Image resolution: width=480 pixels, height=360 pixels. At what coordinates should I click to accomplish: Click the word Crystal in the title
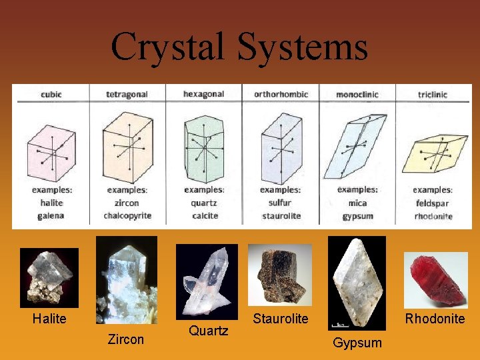168,47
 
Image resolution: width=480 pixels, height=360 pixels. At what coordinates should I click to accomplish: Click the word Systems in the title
301,47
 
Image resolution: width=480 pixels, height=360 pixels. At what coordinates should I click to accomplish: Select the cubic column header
51,95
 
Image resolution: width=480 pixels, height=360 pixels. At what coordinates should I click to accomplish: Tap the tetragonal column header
127,95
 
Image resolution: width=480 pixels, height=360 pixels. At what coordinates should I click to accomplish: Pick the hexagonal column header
204,95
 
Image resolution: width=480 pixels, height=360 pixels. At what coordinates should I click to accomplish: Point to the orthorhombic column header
281,95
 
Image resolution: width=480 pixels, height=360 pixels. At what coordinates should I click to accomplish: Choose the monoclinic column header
357,95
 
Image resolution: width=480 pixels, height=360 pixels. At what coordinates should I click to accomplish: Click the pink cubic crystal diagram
51,153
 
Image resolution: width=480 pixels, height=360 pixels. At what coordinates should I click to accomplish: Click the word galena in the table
51,215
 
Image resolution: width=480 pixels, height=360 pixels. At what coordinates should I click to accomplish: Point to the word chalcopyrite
127,215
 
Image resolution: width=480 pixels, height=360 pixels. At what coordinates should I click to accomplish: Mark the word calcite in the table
204,215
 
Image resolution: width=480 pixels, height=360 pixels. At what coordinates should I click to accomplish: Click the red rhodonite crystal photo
436,279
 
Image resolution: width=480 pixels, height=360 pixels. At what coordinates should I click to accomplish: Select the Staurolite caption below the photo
281,319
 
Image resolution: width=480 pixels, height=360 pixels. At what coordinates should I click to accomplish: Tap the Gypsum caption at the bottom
357,343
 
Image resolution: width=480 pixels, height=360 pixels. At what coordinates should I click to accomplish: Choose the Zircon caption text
126,339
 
